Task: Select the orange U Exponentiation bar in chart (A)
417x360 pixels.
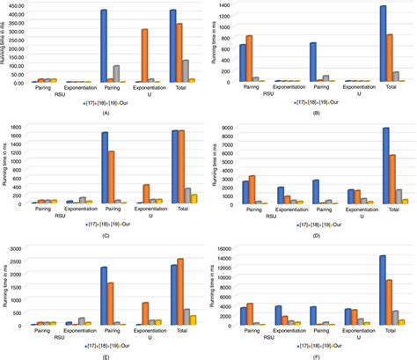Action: point(144,55)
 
